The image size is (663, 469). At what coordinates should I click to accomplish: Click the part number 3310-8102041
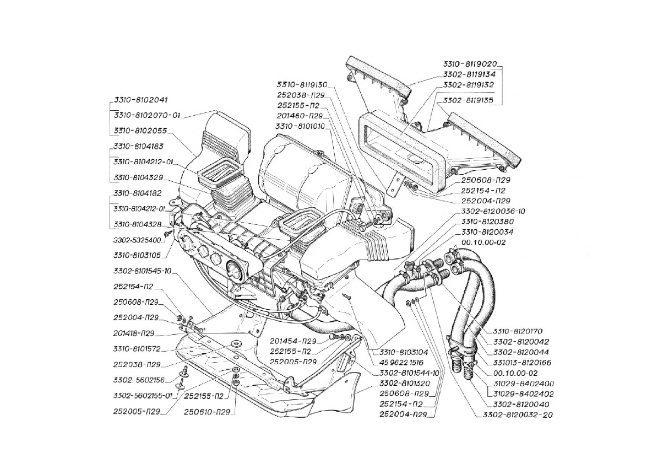140,101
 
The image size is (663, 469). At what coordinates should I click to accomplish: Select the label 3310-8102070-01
147,116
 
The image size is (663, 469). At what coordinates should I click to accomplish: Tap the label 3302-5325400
137,240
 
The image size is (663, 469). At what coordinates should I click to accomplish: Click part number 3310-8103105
137,255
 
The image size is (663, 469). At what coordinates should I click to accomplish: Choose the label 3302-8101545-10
143,271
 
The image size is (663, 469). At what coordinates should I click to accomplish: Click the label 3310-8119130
302,85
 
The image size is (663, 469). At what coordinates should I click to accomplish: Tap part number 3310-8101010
300,126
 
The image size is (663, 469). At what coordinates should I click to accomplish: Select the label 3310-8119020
472,63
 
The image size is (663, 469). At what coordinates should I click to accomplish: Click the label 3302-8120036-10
486,211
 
